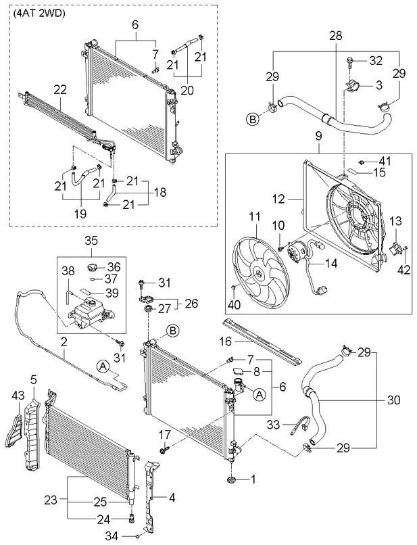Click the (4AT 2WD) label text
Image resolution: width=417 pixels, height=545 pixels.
click(39, 15)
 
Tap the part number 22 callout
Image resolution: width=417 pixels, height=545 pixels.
click(59, 90)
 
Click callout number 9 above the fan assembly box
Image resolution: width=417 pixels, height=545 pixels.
click(318, 136)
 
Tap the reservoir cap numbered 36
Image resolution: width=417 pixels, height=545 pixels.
click(92, 268)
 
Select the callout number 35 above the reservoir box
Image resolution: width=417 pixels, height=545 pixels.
click(91, 240)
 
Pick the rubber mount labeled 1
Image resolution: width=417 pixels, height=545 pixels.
click(230, 480)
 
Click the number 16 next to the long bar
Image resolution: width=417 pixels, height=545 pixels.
click(225, 341)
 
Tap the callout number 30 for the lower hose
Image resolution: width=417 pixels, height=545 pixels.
click(393, 400)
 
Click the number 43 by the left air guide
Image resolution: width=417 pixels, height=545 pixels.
click(18, 395)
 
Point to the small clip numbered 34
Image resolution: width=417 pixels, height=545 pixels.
click(138, 536)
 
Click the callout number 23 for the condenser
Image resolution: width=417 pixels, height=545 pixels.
click(51, 500)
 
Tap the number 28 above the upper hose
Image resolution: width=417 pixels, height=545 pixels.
click(336, 35)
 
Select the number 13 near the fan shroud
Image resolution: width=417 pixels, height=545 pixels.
click(395, 221)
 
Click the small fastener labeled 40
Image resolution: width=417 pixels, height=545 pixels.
click(234, 287)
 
